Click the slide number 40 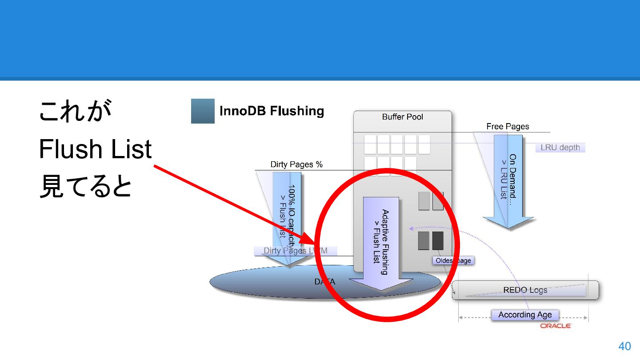coord(624,346)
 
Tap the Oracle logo coord(556,326)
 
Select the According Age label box coord(525,315)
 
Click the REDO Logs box coord(525,290)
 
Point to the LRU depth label coord(560,148)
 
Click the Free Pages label coord(508,127)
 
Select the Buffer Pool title coord(402,117)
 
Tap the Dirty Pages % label coord(296,164)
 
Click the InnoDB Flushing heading coord(272,111)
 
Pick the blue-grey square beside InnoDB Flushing coord(203,111)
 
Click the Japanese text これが coord(75,111)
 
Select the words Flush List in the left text coord(95,149)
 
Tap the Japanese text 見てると coord(85,187)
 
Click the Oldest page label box coord(453,260)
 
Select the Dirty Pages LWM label coord(295,251)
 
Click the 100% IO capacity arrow coord(287,213)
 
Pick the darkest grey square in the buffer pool coord(438,240)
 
